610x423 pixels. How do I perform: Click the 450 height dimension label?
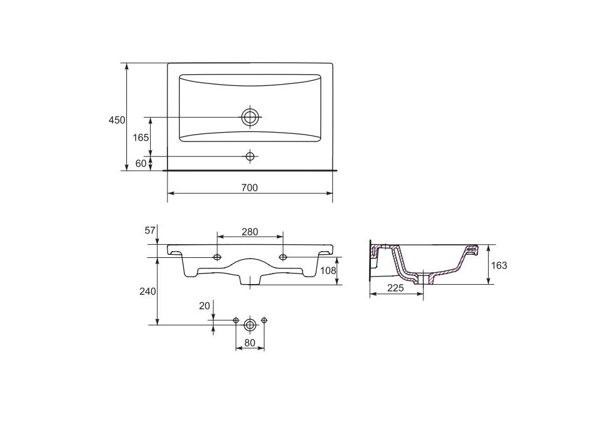click(117, 120)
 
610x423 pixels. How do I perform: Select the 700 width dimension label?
click(250, 188)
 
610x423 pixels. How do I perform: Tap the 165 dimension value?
click(141, 138)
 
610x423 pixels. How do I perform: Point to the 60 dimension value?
click(141, 164)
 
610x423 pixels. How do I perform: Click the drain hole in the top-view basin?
click(250, 117)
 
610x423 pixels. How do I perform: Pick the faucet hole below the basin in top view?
click(250, 156)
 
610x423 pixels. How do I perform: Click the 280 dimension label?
click(250, 232)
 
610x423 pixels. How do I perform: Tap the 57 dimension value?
click(150, 231)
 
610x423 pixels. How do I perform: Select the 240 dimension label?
click(148, 292)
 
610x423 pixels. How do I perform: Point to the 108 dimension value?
click(328, 270)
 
